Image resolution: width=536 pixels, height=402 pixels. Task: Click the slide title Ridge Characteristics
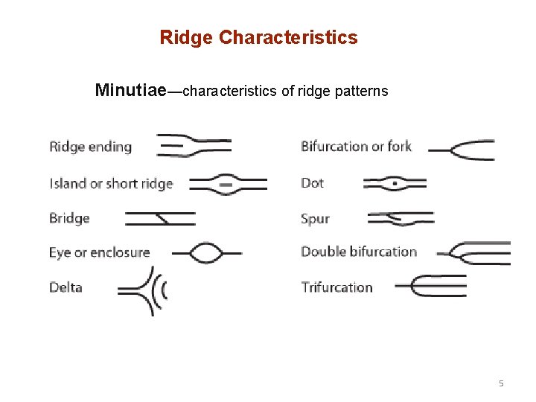[x=258, y=37]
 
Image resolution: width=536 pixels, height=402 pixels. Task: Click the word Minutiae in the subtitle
[x=131, y=91]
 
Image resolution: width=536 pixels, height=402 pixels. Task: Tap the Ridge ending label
[x=90, y=147]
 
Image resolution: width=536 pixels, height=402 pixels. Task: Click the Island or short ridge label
[x=111, y=184]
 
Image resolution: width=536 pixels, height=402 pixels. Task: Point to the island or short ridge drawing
[x=228, y=183]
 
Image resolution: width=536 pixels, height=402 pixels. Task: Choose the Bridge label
[x=69, y=218]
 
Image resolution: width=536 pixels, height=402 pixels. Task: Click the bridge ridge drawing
[x=160, y=218]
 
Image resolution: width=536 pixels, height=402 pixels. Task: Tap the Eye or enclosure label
[x=99, y=252]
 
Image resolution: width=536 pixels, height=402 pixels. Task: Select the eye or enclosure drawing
[x=208, y=252]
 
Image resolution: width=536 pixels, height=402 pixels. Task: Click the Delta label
[x=66, y=287]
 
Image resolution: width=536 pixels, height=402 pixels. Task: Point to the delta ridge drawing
[x=146, y=289]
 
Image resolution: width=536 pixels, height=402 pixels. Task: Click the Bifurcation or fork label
[x=356, y=147]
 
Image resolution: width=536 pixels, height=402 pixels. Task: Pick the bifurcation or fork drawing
[x=462, y=150]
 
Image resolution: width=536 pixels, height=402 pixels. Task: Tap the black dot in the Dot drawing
[x=395, y=182]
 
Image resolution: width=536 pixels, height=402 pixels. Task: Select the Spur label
[x=315, y=219]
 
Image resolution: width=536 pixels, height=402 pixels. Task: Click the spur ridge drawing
[x=401, y=218]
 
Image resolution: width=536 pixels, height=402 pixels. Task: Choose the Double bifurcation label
[x=358, y=252]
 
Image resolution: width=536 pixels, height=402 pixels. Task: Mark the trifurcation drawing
[x=431, y=286]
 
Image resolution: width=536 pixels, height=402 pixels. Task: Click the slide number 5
[x=501, y=383]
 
